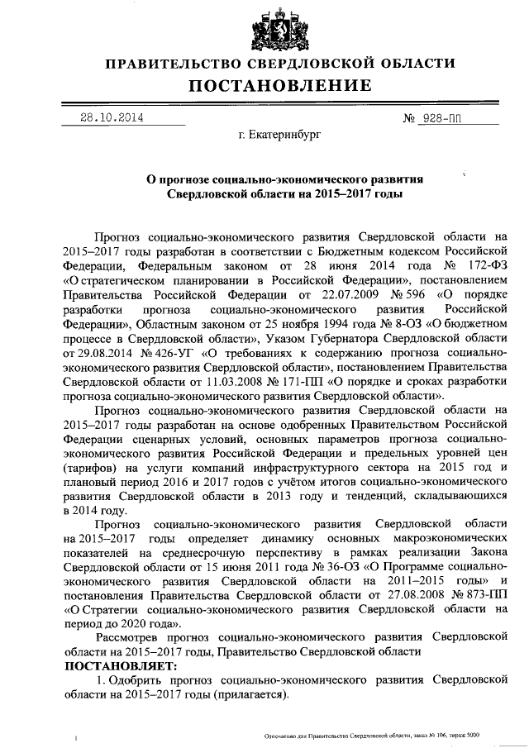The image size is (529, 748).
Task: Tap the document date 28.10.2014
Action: (112, 117)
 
